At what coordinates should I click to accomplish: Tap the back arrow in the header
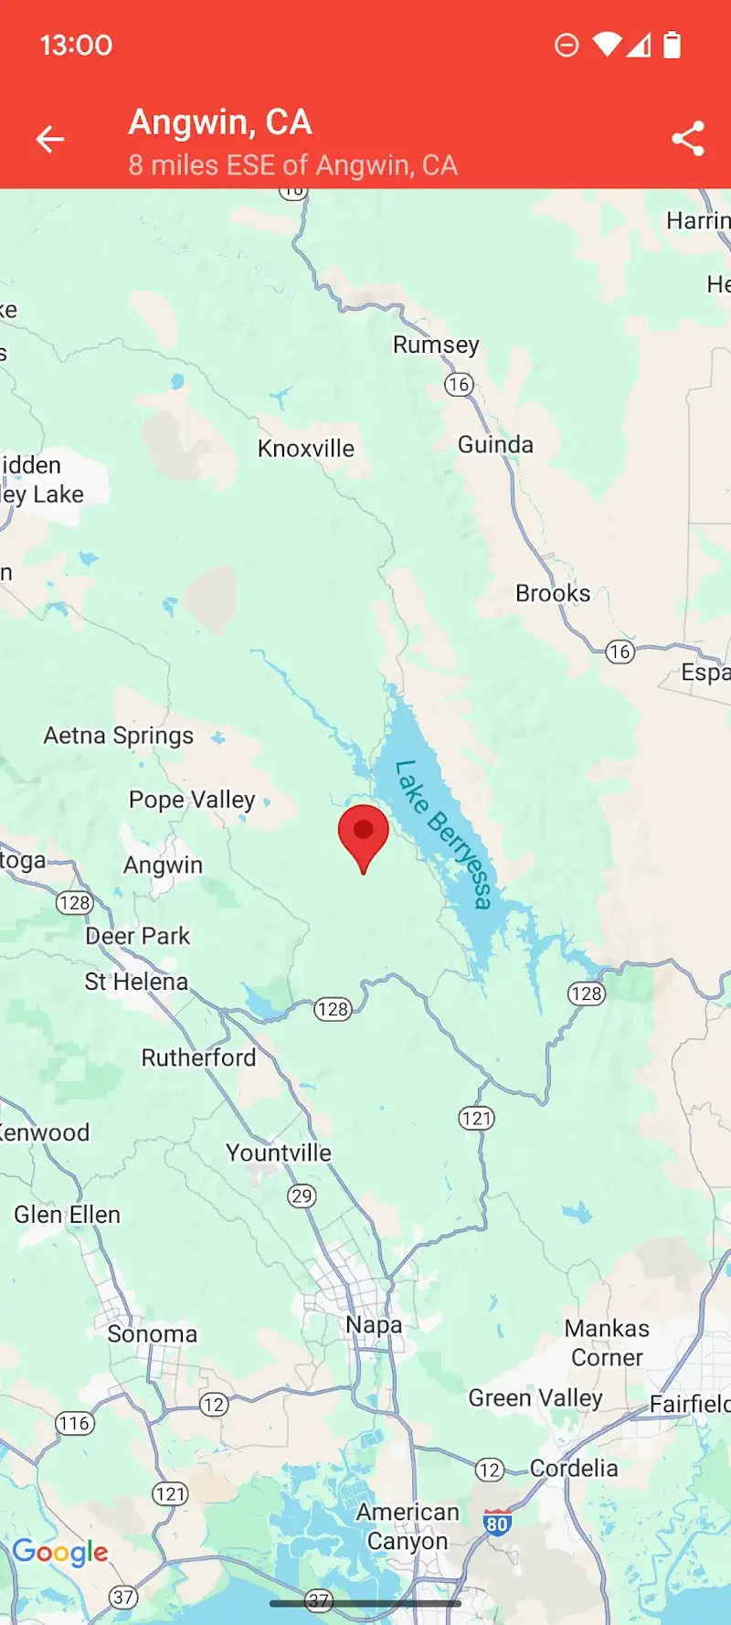[x=50, y=139]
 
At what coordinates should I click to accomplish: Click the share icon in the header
[x=688, y=139]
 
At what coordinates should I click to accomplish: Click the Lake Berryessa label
[x=444, y=834]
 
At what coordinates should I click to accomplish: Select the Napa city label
[x=374, y=1324]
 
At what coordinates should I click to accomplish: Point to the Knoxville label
[x=306, y=449]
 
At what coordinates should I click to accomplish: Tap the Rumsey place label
[x=436, y=345]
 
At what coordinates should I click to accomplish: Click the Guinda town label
[x=495, y=445]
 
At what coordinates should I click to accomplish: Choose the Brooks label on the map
[x=553, y=593]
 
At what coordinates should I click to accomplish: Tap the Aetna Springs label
[x=119, y=736]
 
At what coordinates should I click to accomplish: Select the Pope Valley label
[x=192, y=800]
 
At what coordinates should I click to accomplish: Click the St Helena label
[x=136, y=982]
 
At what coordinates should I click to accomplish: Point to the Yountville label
[x=279, y=1152]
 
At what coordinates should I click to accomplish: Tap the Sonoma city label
[x=153, y=1334]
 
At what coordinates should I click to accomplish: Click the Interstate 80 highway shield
[x=497, y=1523]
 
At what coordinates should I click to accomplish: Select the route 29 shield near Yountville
[x=302, y=1195]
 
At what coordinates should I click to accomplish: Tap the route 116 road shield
[x=74, y=1423]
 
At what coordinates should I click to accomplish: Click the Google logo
[x=60, y=1552]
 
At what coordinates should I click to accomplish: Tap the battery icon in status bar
[x=672, y=45]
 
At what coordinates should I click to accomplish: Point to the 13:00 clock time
[x=76, y=45]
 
